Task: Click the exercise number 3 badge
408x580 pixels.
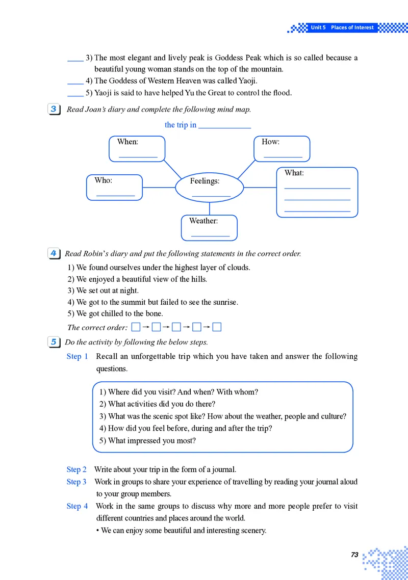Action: click(54, 109)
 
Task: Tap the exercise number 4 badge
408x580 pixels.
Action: click(54, 253)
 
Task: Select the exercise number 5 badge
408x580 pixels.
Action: click(54, 342)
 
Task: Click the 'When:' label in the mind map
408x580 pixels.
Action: click(127, 142)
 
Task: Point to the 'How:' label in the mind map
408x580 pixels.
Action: click(270, 142)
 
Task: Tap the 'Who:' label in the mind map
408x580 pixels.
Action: click(103, 180)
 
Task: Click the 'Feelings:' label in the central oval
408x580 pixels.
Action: click(205, 181)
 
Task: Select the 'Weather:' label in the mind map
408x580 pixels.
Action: click(203, 221)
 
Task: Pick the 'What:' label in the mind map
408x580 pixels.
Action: click(294, 173)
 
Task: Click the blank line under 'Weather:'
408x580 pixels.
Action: click(210, 235)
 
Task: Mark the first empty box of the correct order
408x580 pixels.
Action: click(136, 327)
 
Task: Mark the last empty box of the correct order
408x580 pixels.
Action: click(217, 327)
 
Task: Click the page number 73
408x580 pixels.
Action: click(355, 555)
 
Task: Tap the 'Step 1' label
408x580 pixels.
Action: click(78, 356)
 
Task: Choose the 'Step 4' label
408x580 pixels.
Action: click(78, 506)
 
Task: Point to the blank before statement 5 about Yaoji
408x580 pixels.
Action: click(75, 93)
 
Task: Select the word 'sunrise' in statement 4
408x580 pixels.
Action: click(224, 302)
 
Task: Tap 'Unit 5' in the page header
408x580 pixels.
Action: click(318, 28)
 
